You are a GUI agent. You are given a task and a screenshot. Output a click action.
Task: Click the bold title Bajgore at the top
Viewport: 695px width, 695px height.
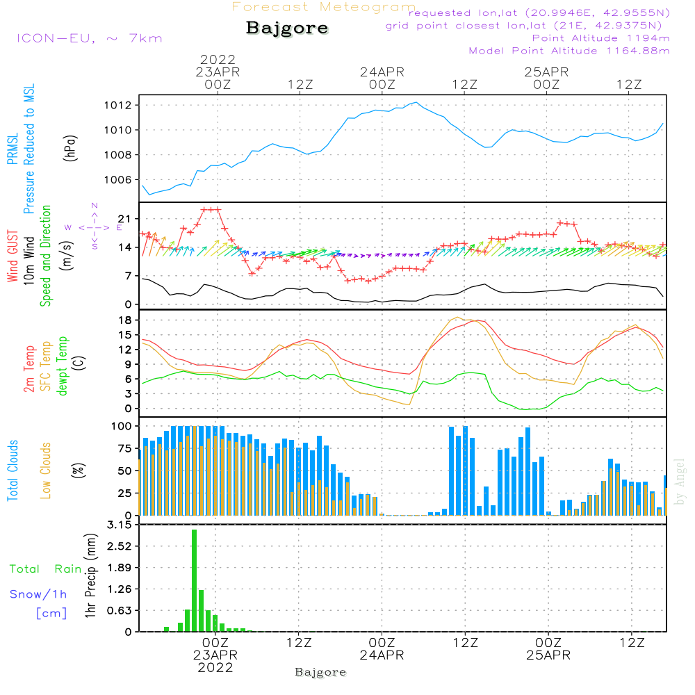pyautogui.click(x=287, y=28)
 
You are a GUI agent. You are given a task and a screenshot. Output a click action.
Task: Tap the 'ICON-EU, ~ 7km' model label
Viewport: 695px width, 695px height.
pyautogui.click(x=90, y=38)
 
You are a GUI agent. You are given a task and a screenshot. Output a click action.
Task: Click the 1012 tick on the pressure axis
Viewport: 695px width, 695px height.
pyautogui.click(x=118, y=106)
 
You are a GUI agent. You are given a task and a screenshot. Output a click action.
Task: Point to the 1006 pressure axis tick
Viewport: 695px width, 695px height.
pyautogui.click(x=118, y=180)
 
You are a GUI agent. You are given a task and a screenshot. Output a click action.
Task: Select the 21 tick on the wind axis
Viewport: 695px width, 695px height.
pyautogui.click(x=125, y=219)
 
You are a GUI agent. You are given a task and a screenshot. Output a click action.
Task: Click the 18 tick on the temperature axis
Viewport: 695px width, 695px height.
pyautogui.click(x=125, y=320)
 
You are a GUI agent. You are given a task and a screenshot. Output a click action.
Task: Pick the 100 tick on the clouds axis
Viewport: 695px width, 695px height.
pyautogui.click(x=122, y=427)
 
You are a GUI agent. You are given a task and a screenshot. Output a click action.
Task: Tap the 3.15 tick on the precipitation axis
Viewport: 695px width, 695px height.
pyautogui.click(x=120, y=525)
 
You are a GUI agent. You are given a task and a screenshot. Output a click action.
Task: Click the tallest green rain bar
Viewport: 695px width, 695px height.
pyautogui.click(x=194, y=580)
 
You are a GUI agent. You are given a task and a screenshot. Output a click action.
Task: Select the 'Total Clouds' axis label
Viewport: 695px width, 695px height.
pyautogui.click(x=13, y=471)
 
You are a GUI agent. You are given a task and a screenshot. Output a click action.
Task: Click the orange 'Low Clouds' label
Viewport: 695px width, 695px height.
pyautogui.click(x=46, y=471)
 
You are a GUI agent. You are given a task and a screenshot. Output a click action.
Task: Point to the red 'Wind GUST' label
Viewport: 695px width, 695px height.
pyautogui.click(x=13, y=256)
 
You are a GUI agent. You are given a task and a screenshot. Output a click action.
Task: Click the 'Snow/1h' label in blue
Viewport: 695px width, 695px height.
pyautogui.click(x=38, y=594)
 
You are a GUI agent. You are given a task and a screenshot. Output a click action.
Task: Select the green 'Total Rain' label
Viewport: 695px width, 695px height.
pyautogui.click(x=46, y=569)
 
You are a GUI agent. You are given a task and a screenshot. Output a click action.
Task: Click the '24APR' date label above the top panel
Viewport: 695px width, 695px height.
pyautogui.click(x=382, y=72)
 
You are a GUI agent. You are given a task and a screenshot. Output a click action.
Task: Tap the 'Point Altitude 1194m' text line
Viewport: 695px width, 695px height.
pyautogui.click(x=600, y=38)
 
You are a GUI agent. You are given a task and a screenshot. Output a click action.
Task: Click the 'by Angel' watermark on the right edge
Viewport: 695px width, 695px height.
pyautogui.click(x=680, y=482)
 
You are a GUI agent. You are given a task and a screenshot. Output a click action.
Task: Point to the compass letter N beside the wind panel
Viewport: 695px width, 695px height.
pyautogui.click(x=95, y=206)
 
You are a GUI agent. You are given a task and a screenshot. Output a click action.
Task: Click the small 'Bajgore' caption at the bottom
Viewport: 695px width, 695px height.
pyautogui.click(x=320, y=672)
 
